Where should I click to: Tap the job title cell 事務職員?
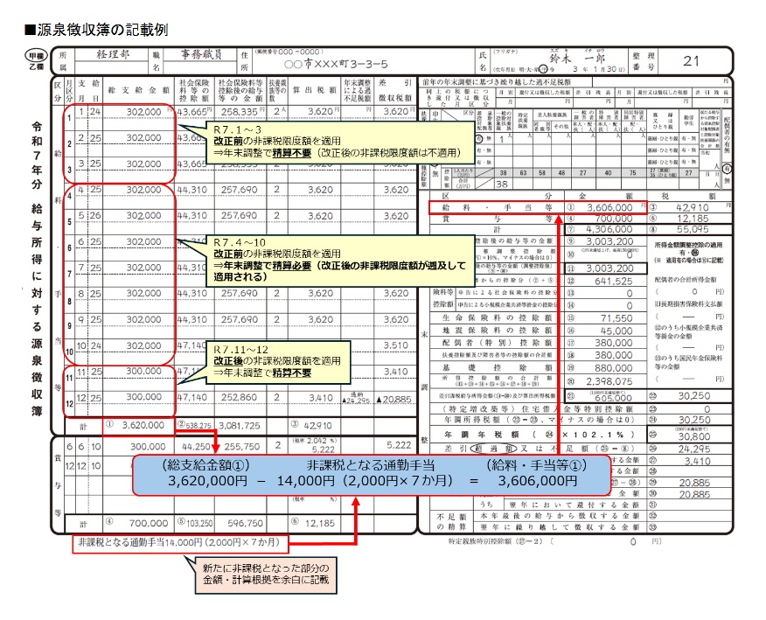[195, 54]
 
